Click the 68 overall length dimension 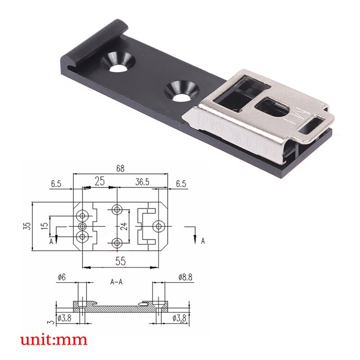(x=121, y=169)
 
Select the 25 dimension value (x=99, y=181)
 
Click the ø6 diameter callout (x=62, y=277)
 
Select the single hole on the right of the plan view (x=158, y=225)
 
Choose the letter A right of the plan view (x=202, y=241)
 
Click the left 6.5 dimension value (x=56, y=184)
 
